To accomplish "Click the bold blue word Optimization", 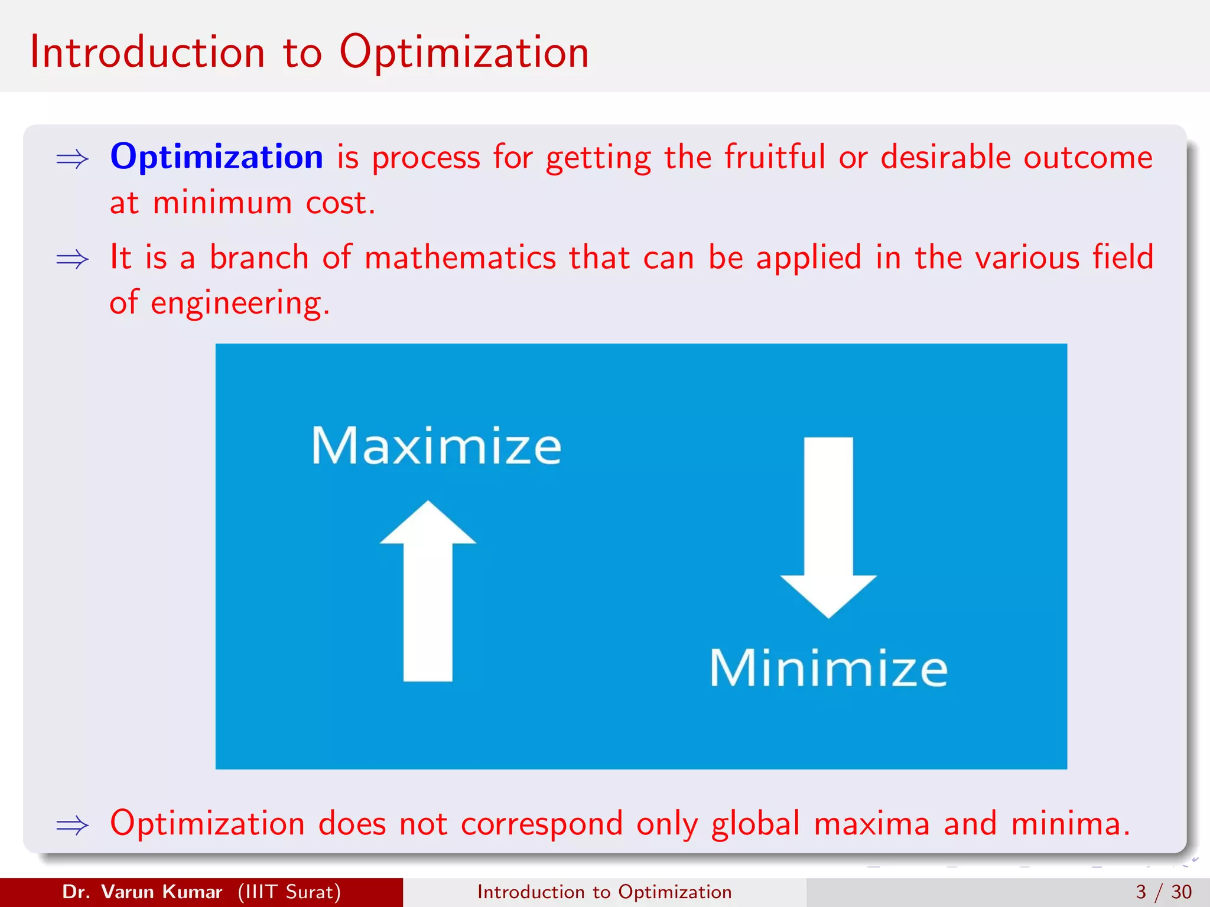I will pos(216,157).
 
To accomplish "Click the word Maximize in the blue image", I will pos(436,446).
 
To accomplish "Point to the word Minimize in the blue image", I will pos(828,668).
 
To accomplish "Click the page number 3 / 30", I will pos(1163,892).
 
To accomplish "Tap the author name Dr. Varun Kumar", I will pos(142,892).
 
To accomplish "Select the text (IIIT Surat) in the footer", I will pos(289,892).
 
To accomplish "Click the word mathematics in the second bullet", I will pos(460,258).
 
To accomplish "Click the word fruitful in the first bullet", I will pos(775,157).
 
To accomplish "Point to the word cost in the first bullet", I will pos(338,203).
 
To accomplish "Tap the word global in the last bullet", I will pos(755,823).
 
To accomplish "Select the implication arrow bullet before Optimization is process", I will pos(72,159).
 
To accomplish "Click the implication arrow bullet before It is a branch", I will pos(72,260).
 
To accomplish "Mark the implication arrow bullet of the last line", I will pos(72,826).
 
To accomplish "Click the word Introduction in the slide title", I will pos(147,52).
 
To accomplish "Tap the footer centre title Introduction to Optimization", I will pos(604,892).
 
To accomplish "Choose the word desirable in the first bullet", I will pos(945,157).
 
